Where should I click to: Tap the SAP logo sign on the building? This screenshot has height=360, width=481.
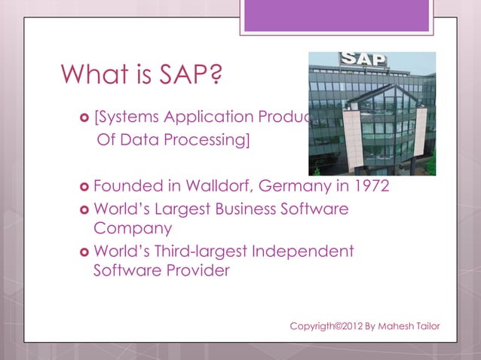pyautogui.click(x=363, y=59)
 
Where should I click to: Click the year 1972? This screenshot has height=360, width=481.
pyautogui.click(x=370, y=185)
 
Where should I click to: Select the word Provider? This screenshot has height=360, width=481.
pyautogui.click(x=195, y=270)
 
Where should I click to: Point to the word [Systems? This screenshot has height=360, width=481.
pyautogui.click(x=127, y=117)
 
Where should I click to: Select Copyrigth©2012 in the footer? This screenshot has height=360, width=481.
pyautogui.click(x=326, y=326)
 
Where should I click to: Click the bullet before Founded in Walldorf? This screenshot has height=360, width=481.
pyautogui.click(x=82, y=186)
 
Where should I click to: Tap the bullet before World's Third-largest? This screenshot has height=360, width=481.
pyautogui.click(x=82, y=252)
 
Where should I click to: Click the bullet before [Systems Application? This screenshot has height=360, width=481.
pyautogui.click(x=82, y=118)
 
